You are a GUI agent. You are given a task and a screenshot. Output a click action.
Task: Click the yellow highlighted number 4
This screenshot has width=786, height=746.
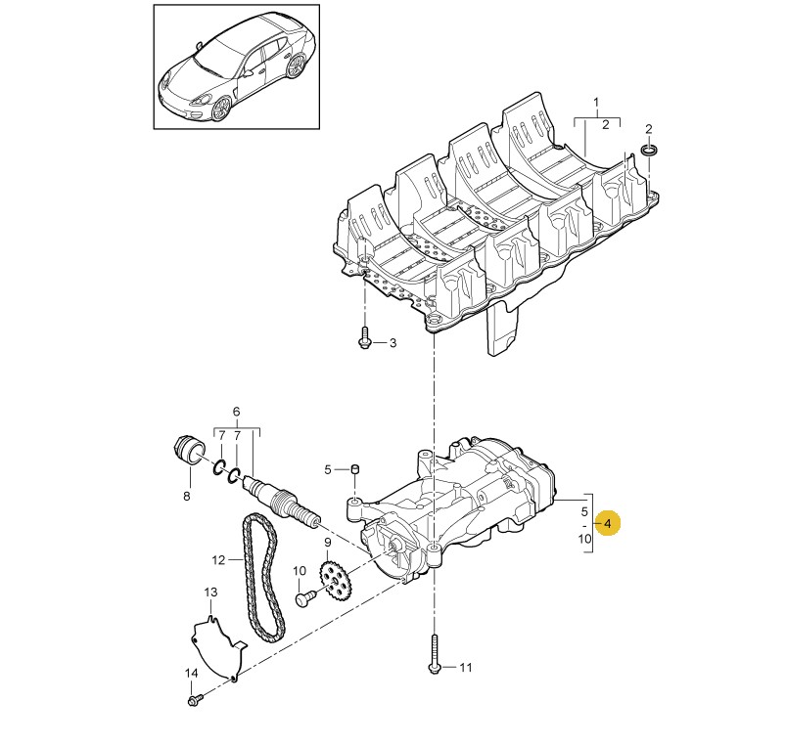[x=608, y=524]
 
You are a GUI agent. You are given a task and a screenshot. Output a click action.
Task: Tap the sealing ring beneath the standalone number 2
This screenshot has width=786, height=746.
[x=650, y=150]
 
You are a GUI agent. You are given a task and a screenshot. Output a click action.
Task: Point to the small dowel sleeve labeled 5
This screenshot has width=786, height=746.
[x=355, y=468]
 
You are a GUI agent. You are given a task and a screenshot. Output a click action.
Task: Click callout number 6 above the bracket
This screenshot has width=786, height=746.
[x=237, y=412]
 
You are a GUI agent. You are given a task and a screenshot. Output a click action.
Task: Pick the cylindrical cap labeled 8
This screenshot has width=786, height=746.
[x=190, y=451]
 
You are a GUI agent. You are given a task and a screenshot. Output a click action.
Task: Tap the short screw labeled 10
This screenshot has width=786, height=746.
[x=305, y=597]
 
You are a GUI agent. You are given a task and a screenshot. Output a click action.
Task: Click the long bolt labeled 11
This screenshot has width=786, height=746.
[x=434, y=654]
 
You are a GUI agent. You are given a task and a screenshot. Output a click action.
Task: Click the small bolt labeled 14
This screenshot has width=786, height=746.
[x=195, y=700]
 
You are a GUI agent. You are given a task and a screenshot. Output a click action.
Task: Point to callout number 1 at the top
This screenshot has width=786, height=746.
[x=596, y=103]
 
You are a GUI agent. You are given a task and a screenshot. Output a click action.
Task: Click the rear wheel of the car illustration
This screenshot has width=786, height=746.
[x=297, y=66]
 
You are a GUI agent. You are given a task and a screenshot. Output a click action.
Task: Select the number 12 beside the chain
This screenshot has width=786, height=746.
[x=219, y=559]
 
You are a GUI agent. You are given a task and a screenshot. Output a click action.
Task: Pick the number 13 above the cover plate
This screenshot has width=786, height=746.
[x=211, y=592]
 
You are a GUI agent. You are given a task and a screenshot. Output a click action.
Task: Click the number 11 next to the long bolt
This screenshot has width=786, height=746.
[x=466, y=668]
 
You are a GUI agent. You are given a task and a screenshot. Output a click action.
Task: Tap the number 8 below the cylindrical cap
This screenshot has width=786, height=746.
[x=187, y=496]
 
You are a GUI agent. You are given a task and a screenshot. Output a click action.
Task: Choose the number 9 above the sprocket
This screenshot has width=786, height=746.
[x=327, y=543]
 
